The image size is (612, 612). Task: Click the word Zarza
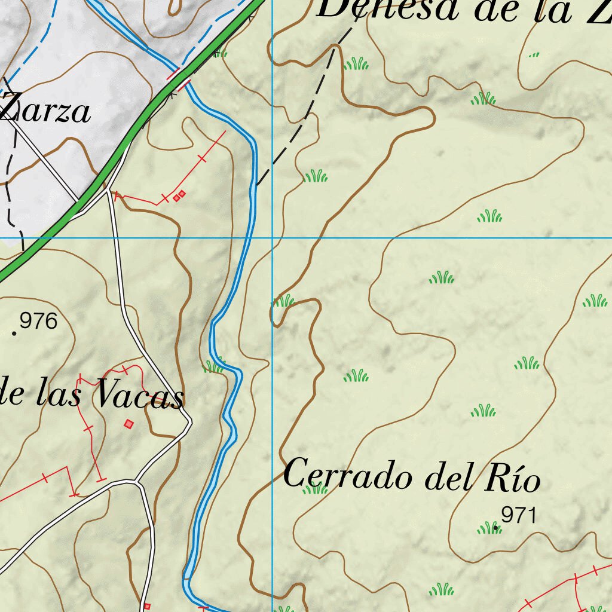click(45, 112)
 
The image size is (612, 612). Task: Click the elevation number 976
click(38, 322)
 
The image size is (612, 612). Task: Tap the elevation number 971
click(519, 515)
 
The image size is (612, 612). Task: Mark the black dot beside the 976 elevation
click(14, 332)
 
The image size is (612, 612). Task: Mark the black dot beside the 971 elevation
click(495, 528)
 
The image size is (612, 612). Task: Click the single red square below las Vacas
click(128, 424)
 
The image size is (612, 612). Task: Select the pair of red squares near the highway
click(179, 195)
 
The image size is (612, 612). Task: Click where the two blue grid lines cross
click(273, 238)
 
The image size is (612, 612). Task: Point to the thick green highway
click(120, 155)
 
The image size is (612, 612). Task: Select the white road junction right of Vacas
click(189, 424)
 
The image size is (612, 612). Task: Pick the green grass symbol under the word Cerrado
click(314, 489)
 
